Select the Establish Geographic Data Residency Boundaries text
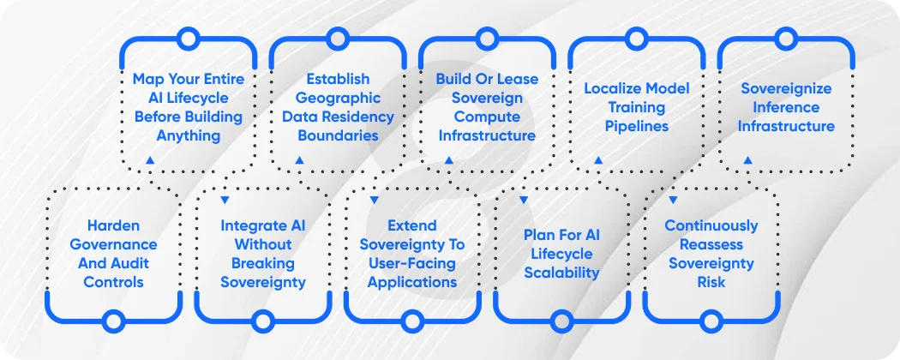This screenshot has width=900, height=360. click(338, 107)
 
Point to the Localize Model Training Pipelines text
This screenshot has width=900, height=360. click(636, 107)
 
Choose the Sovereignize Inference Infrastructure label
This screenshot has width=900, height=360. click(787, 107)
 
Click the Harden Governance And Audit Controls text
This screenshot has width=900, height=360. click(113, 254)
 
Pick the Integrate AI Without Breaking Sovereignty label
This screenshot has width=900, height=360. click(262, 254)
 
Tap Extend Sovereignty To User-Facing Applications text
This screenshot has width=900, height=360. click(412, 254)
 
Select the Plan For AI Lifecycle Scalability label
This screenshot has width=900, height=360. click(561, 254)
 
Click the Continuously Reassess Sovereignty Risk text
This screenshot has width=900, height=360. click(711, 254)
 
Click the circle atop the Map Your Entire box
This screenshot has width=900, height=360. click(188, 38)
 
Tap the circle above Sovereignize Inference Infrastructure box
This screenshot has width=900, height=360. click(787, 38)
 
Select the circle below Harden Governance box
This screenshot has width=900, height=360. click(113, 321)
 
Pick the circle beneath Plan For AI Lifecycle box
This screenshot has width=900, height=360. click(561, 321)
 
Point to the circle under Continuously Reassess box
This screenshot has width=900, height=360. click(711, 321)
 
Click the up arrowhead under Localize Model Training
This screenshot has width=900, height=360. click(598, 160)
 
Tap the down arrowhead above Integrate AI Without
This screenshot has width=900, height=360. click(225, 200)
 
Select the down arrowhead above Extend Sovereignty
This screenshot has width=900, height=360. click(375, 200)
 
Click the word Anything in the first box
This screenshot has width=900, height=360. click(188, 135)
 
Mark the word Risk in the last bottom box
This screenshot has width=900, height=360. click(711, 281)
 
